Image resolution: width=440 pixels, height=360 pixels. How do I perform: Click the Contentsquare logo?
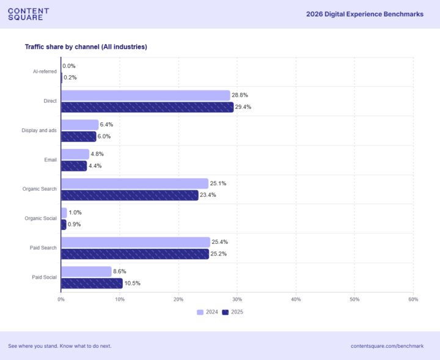pos(28,14)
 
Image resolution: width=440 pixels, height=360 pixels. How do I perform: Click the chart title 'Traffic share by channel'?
pos(86,46)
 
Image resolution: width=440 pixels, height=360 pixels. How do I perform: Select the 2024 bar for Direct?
pos(145,95)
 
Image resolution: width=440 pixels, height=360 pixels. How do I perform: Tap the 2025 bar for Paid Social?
pos(92,284)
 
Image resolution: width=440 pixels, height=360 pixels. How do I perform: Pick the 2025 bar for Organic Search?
pos(130,196)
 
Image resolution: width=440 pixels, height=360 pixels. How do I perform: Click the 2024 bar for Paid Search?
pos(136,242)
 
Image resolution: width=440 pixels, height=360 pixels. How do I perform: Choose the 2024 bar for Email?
pos(75,154)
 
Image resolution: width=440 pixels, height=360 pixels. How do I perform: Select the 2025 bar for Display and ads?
pos(79,137)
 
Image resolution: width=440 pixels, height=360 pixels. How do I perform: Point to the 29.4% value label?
pos(243,107)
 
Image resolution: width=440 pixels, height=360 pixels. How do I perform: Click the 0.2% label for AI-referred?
pos(70,78)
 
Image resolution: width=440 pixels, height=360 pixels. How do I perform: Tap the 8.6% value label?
pos(120,271)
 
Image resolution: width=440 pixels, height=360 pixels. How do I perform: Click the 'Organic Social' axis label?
pos(41,218)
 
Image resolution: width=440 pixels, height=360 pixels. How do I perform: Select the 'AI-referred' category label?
pos(45,72)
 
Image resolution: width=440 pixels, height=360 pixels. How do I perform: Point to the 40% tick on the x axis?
pos(296,299)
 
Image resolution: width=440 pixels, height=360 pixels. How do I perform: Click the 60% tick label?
pos(413,299)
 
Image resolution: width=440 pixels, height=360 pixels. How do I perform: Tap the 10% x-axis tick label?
pos(120,299)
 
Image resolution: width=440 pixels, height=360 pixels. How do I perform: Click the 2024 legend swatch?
pos(200,312)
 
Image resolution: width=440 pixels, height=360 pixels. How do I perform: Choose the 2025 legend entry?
pos(233,312)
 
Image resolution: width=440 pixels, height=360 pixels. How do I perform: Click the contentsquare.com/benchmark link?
pos(387,346)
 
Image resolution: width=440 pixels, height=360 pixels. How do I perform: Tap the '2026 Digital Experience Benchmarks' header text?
pos(365,14)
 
